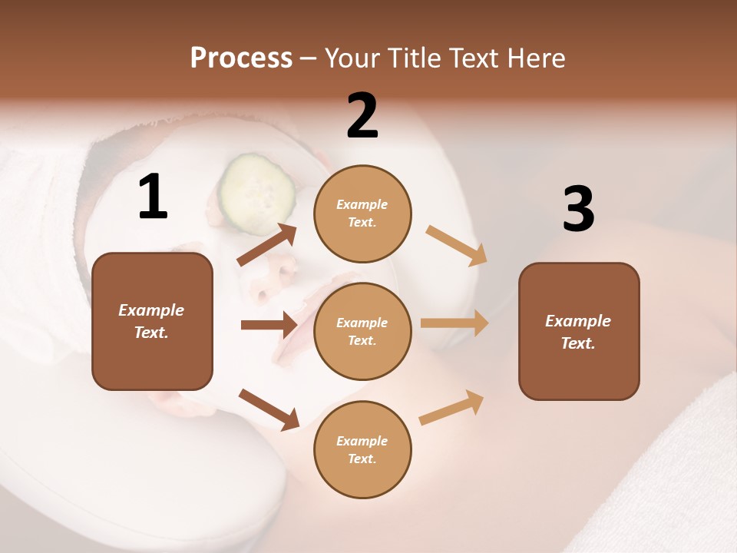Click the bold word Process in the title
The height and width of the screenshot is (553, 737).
click(241, 58)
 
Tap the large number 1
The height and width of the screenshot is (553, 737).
click(153, 197)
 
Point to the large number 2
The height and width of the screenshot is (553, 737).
click(362, 116)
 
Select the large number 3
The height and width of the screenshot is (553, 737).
click(578, 209)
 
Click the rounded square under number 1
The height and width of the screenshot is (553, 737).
click(152, 321)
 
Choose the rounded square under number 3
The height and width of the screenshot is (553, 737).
click(579, 331)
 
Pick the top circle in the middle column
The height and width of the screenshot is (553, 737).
click(362, 214)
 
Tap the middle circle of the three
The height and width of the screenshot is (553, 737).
click(362, 331)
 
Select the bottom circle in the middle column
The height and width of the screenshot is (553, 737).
click(362, 449)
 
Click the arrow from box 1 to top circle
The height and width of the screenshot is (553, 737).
click(267, 244)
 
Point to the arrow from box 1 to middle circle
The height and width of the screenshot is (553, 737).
click(269, 325)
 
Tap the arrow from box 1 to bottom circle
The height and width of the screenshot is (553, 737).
click(269, 409)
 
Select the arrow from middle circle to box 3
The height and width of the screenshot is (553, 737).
click(454, 323)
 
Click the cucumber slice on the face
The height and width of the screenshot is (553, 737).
click(257, 193)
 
